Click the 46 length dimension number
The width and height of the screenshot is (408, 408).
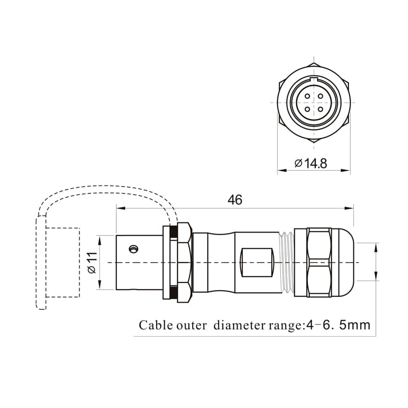tap(235, 199)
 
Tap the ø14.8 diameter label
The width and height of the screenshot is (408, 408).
tap(311, 163)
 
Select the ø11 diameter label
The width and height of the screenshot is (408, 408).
tap(92, 262)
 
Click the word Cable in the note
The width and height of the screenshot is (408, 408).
tap(155, 325)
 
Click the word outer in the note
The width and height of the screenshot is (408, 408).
tap(191, 325)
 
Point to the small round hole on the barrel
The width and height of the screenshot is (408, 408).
tap(134, 249)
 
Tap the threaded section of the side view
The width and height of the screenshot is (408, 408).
tap(288, 262)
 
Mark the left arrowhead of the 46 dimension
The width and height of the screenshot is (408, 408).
tap(120, 208)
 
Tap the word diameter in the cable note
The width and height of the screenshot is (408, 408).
tap(240, 325)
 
